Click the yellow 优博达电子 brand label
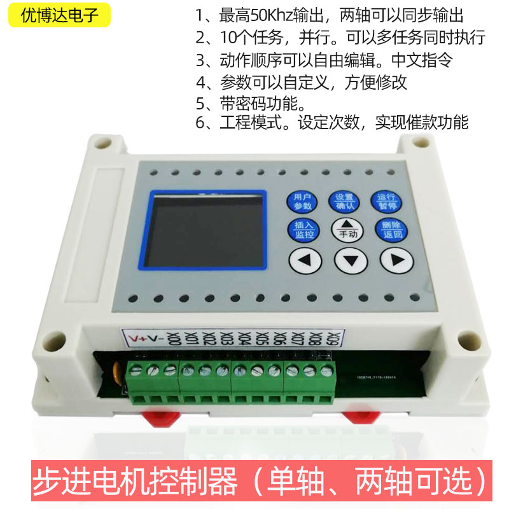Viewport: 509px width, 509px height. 60,16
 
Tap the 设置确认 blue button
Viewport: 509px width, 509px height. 345,201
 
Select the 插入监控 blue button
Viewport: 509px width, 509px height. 303,230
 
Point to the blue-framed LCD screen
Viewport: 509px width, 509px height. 207,230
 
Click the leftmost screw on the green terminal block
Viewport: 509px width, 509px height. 136,370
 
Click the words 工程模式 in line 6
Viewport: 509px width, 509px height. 243,122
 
